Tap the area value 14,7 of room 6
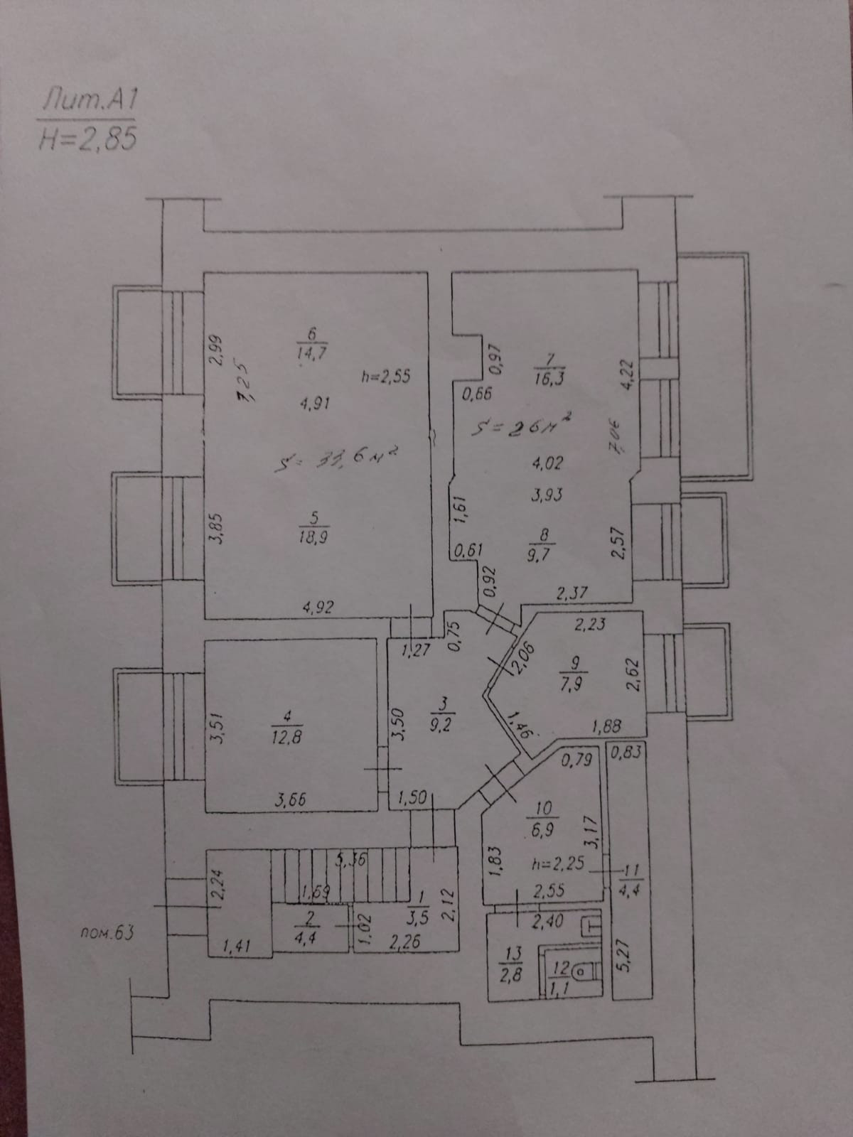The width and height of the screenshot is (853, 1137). [x=312, y=352]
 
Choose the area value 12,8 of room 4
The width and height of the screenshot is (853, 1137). [x=287, y=737]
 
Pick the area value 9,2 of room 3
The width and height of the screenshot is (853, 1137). [x=444, y=726]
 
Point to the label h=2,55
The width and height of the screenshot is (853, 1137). [x=386, y=377]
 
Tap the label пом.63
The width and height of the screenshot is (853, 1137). [x=107, y=932]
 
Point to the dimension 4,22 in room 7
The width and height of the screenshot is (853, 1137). [x=626, y=372]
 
